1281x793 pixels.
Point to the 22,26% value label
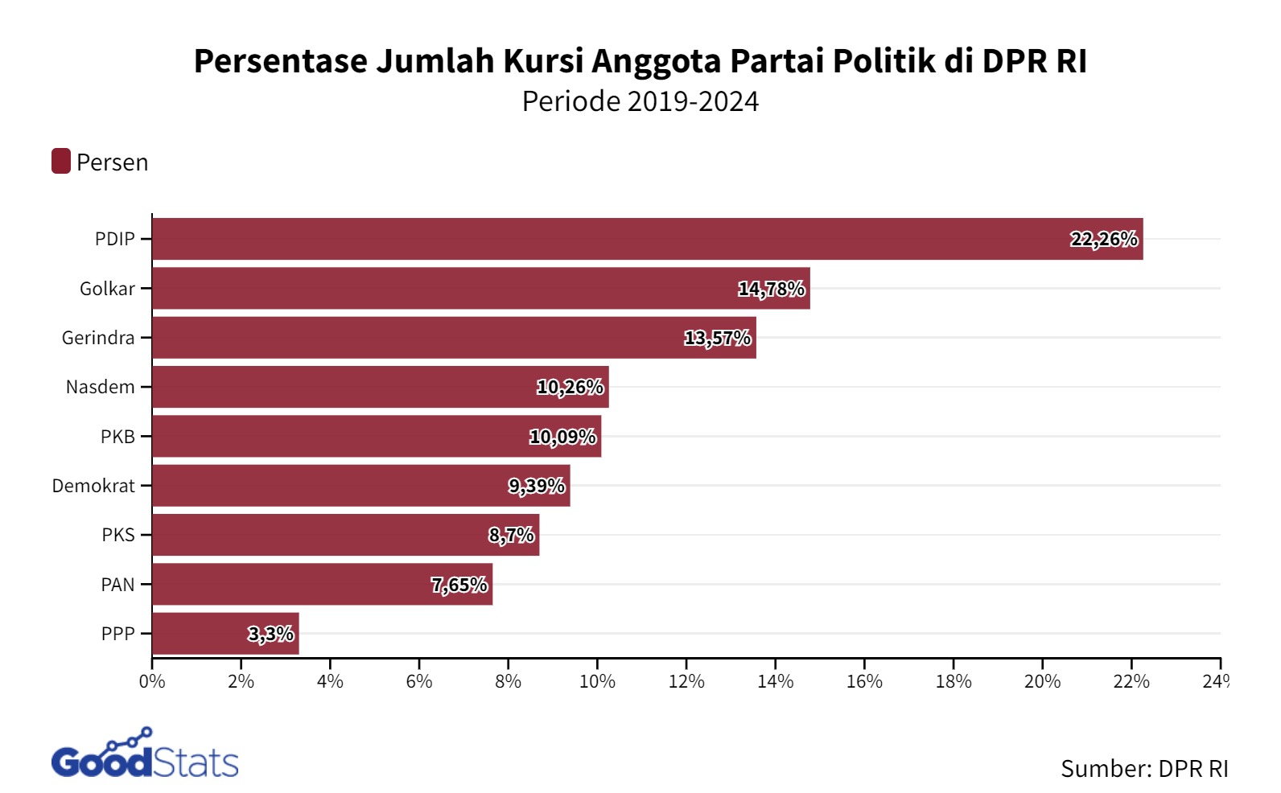point(1104,239)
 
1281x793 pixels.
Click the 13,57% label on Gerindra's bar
point(718,338)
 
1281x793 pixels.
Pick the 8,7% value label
point(512,535)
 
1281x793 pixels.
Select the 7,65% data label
point(459,585)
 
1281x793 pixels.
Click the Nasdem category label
point(101,387)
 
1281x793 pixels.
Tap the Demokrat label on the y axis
point(93,486)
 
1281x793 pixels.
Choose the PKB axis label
point(117,437)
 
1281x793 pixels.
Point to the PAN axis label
point(117,585)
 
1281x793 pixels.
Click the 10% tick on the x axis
point(597,682)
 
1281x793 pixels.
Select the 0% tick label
point(152,682)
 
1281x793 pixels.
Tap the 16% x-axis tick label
point(864,682)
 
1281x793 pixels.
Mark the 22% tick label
point(1131,682)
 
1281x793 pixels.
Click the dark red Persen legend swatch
point(61,161)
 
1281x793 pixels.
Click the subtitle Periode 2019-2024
point(640,101)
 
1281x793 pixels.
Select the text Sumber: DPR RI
point(1144,769)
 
